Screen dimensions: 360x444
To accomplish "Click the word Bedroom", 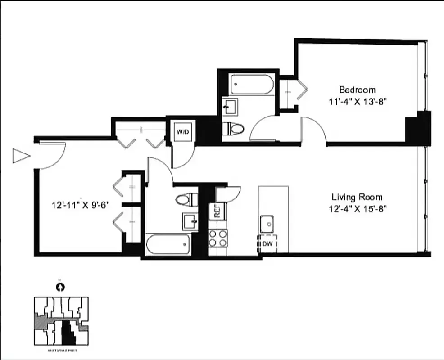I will pos(357,90).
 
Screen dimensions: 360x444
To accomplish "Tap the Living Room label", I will pos(357,197).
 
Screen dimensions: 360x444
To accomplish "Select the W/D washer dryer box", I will pos(182,132).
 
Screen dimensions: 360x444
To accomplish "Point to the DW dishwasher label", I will pos(267,244).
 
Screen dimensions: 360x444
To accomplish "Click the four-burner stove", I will pos(218,238).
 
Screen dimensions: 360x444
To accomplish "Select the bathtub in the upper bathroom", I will pos(251,84).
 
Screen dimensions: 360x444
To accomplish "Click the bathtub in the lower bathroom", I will pos(167,244).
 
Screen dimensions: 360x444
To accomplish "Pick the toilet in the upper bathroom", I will pos(234,129).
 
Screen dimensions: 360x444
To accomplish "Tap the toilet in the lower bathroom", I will pos(186,199).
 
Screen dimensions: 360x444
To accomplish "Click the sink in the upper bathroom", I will pos(230,108).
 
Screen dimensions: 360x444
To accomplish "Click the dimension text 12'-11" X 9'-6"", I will pos(81,205).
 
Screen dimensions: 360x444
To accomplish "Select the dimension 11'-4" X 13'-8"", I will pos(358,101).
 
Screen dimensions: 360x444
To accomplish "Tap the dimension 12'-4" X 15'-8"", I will pos(357,208).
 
